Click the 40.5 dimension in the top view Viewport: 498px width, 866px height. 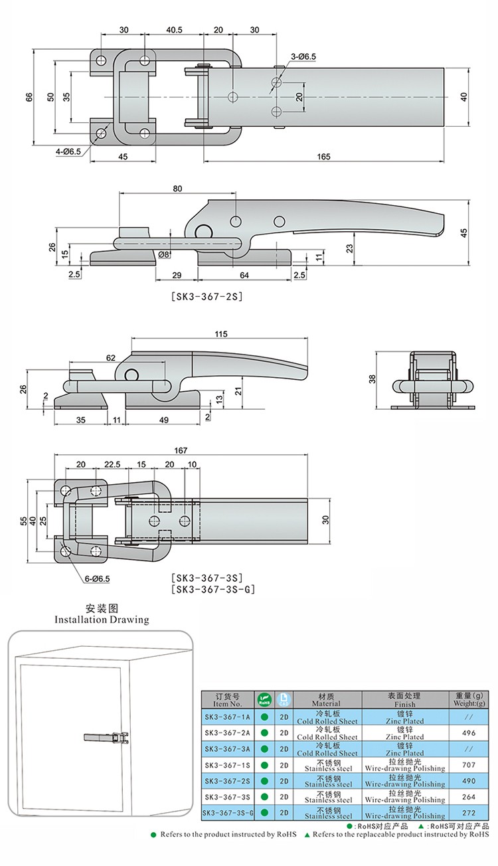[x=175, y=30]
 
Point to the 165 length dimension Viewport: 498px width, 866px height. [x=324, y=157]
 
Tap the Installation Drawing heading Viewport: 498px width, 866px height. [x=102, y=620]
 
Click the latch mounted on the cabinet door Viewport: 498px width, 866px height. [x=107, y=737]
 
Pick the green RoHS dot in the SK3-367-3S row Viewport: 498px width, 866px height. [x=264, y=796]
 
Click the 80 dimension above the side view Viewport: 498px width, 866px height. [x=177, y=189]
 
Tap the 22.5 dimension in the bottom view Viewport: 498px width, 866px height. [x=111, y=464]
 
